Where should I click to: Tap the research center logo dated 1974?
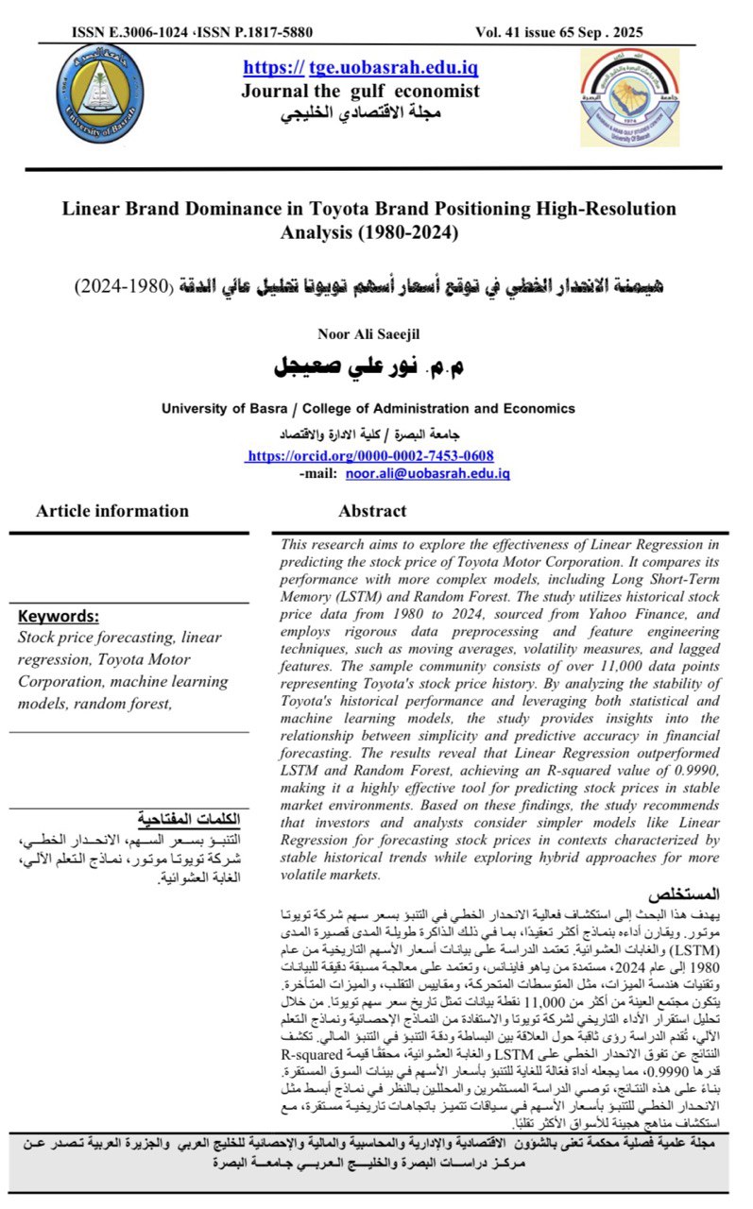pos(629,98)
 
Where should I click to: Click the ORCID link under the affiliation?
pos(368,455)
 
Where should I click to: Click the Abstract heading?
pos(372,512)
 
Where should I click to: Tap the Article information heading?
pos(112,512)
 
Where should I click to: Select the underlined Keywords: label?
pos(59,617)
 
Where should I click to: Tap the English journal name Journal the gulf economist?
pos(360,92)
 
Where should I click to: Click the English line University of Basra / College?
pos(368,409)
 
